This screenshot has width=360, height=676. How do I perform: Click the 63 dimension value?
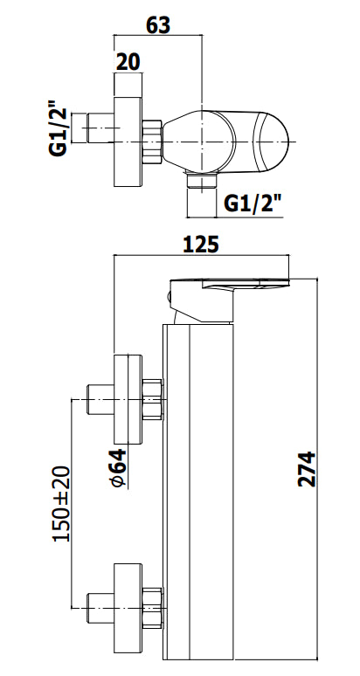click(158, 25)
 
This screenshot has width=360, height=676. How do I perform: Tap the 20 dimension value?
click(128, 62)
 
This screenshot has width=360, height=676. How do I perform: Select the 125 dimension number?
click(201, 245)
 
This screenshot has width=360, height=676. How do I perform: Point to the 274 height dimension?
click(307, 469)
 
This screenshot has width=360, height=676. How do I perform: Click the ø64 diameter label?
click(119, 468)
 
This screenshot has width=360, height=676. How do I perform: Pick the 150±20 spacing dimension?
click(61, 504)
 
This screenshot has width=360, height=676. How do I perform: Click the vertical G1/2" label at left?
click(58, 128)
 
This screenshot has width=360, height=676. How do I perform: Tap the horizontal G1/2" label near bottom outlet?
click(253, 203)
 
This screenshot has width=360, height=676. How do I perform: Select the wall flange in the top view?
click(128, 142)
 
